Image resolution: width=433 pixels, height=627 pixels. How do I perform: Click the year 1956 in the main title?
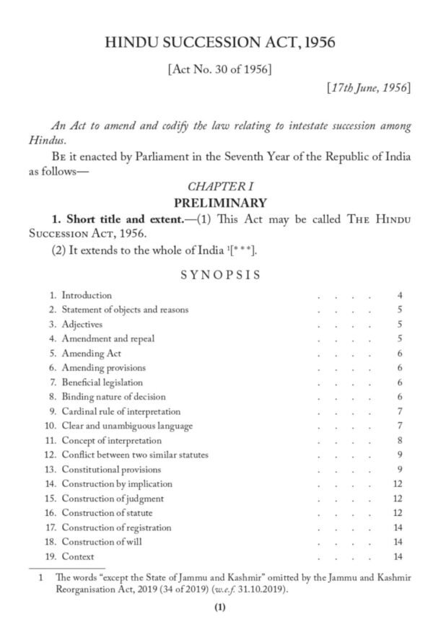click(x=318, y=43)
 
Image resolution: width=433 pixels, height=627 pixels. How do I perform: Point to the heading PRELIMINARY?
click(x=218, y=203)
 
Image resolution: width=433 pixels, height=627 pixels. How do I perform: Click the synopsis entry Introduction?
click(x=87, y=295)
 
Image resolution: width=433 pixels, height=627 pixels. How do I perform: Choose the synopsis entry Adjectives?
click(x=82, y=324)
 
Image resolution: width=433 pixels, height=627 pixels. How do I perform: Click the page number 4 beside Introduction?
click(x=399, y=295)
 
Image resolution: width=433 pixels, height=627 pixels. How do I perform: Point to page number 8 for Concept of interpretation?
click(x=399, y=440)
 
